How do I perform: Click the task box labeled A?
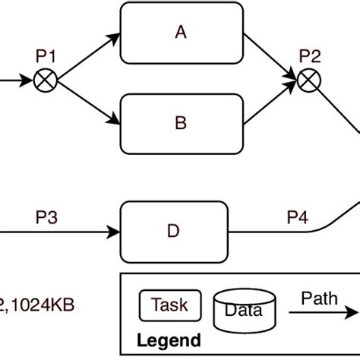[x=180, y=33]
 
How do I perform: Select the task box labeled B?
[x=180, y=123]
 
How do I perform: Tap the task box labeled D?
[x=174, y=230]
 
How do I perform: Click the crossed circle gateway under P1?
[x=46, y=78]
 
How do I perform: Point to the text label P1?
[x=46, y=57]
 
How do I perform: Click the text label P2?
[x=309, y=56]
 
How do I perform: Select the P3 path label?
[x=47, y=218]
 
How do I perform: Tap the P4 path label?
[x=297, y=218]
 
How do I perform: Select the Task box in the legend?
[x=169, y=305]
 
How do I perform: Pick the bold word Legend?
[x=169, y=340]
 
